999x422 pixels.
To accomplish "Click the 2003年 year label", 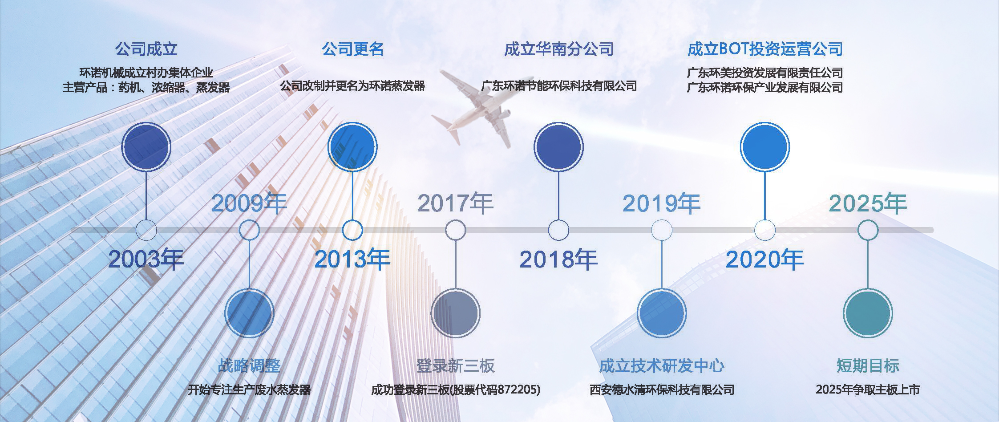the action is (146, 259).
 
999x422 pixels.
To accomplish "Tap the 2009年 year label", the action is (249, 203).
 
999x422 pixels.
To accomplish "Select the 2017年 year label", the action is (455, 203).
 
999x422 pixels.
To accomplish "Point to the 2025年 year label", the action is (868, 203).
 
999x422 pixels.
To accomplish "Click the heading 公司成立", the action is (146, 49).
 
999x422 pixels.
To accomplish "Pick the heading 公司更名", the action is (353, 49).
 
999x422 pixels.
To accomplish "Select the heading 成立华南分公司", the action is (559, 49).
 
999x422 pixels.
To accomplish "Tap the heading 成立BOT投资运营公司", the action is (765, 49).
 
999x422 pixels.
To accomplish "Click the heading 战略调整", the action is (249, 365).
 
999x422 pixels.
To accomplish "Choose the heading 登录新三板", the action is (456, 365).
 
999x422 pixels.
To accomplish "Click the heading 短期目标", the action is (868, 365).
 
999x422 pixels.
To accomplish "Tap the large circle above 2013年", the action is (352, 147).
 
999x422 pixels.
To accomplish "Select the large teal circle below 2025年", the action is (868, 313).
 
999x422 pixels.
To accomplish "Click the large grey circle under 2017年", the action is (455, 313).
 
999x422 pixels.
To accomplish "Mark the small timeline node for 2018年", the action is (558, 230).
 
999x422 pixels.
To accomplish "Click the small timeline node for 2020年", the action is (765, 230).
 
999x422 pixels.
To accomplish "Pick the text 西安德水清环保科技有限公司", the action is (662, 390).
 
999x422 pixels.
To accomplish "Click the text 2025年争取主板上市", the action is (868, 390).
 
